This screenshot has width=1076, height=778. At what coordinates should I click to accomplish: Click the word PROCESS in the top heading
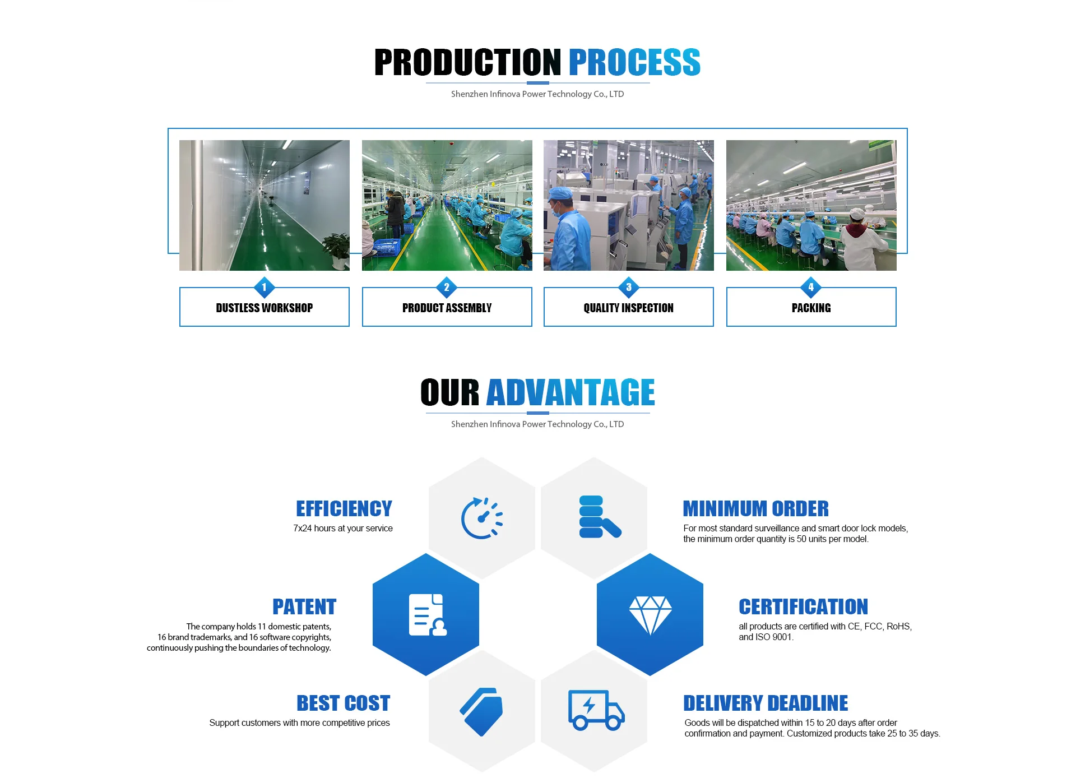point(634,62)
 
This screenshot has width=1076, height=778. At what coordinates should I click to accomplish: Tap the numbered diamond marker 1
point(265,287)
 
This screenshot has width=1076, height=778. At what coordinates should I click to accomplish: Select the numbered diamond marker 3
point(629,287)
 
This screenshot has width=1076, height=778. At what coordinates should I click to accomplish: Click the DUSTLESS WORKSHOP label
point(265,308)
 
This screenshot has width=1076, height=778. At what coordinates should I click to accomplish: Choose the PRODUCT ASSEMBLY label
point(447,308)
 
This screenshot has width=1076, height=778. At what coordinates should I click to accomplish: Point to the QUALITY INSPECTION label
point(628,308)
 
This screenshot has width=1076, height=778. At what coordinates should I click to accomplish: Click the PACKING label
point(811,308)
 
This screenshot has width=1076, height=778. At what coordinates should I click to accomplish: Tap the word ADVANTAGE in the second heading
point(571,392)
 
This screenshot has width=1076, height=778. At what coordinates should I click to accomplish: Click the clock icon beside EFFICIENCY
point(481,518)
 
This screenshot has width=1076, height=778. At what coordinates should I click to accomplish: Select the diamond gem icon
point(650,614)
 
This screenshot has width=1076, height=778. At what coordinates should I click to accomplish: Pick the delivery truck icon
point(596,710)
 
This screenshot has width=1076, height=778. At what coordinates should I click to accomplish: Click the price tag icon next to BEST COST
point(481,711)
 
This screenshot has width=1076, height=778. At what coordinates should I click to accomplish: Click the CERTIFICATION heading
point(803,606)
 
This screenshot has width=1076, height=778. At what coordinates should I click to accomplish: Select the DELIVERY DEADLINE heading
point(766,703)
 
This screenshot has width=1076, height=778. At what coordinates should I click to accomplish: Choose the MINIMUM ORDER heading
point(755,508)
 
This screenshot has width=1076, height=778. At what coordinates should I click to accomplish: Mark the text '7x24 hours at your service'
point(343,528)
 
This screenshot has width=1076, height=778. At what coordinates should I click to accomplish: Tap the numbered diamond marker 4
point(811,287)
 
